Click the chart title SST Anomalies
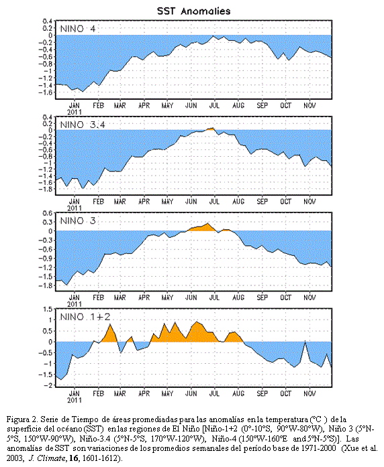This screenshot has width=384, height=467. pos(193,11)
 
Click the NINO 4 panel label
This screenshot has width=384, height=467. pos(78,29)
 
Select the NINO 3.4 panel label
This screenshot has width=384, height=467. pos(83,125)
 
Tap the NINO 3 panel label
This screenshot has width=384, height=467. pos(78,220)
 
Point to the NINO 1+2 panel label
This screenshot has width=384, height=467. pos(85,317)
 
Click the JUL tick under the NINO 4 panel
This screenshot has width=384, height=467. pos(214,105)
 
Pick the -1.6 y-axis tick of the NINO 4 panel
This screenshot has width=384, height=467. pos(46,92)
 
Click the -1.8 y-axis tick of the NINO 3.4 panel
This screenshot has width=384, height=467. pos(46,189)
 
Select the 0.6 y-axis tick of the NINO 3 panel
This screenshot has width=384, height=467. pos(48,213)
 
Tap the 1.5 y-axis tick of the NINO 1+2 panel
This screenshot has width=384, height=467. pos(48,309)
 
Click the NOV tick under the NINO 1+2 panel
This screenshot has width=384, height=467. pos(309,394)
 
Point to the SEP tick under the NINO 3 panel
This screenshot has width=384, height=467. pos(262,297)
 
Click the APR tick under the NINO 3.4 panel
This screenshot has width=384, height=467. pos(144,202)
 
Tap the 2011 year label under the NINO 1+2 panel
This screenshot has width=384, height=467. pos(75,400)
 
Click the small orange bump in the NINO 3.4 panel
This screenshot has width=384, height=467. pos(211,129)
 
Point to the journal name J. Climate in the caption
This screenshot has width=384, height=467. pos(47,458)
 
